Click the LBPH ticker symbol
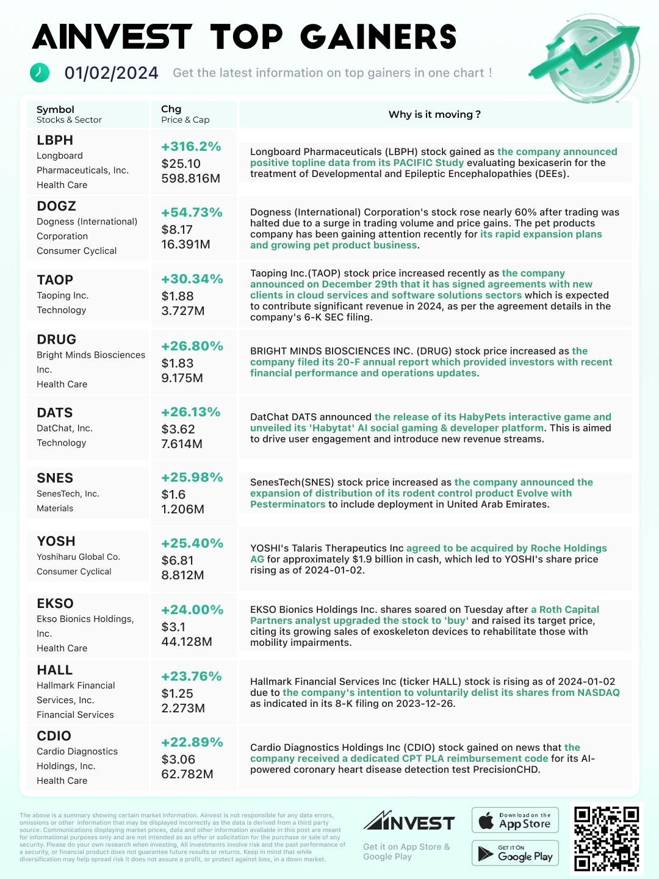point(55,140)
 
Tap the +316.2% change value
point(191,146)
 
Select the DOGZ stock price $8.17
point(177,230)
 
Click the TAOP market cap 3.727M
point(182,311)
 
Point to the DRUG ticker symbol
point(56,339)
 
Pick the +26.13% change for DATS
point(190,412)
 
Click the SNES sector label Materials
point(55,508)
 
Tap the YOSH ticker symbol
point(56,541)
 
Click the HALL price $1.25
point(177,693)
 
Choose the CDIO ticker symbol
point(54,736)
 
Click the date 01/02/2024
point(112,73)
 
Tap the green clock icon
point(40,72)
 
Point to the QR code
point(607,838)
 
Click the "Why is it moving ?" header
point(434,114)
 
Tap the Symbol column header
point(56,110)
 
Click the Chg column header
point(171,109)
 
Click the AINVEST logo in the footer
point(409,822)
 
